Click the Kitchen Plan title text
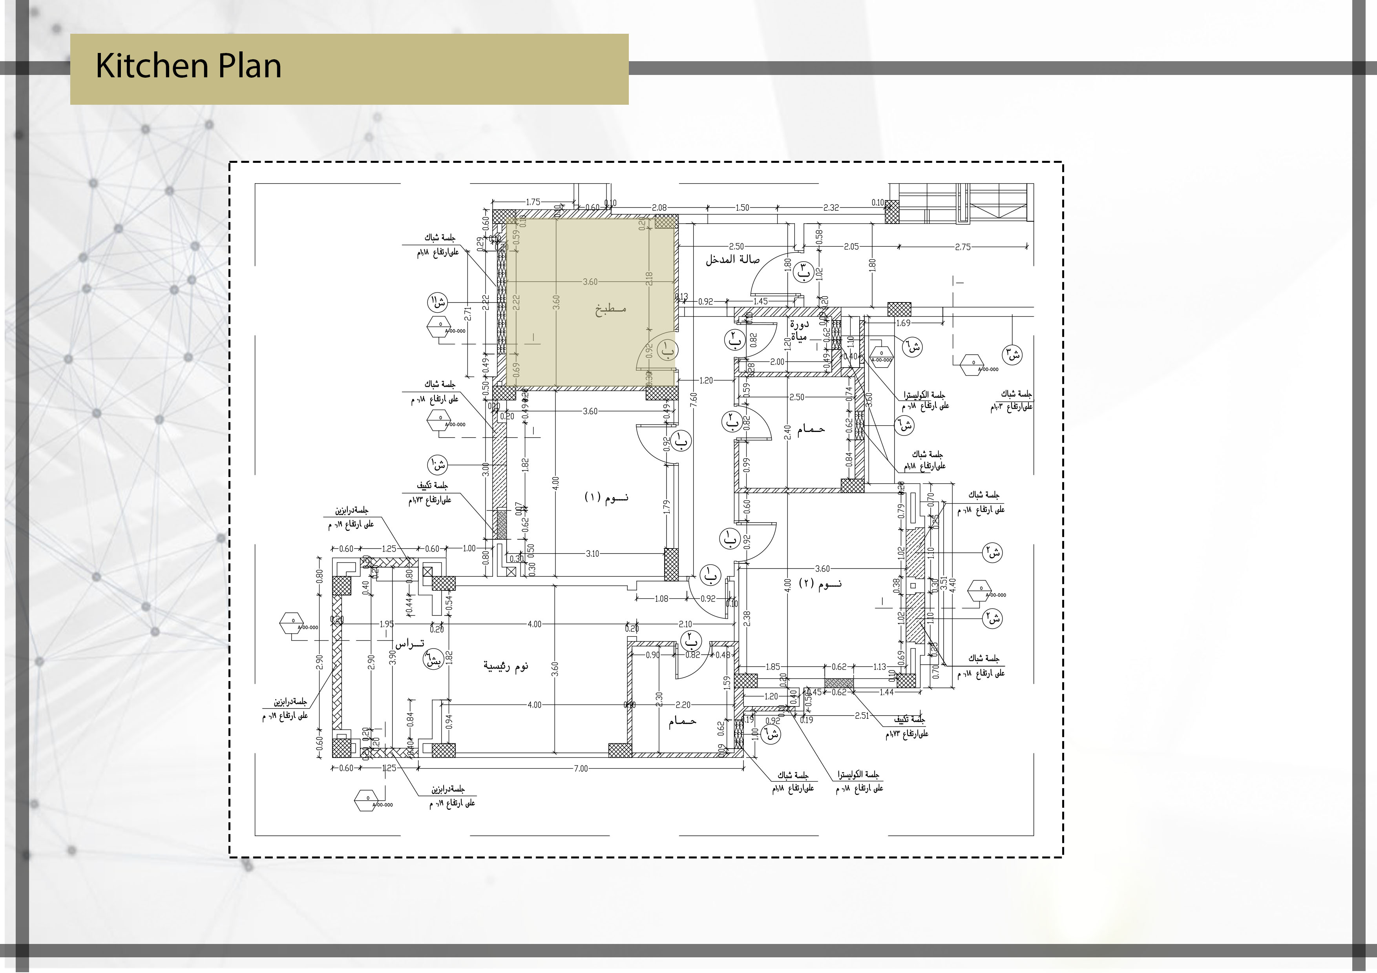point(188,66)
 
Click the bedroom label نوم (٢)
point(820,583)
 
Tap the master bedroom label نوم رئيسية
point(506,666)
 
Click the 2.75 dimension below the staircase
point(962,246)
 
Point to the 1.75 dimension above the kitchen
point(533,202)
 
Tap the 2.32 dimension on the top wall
point(831,208)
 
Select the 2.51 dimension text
point(862,716)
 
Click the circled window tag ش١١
point(437,302)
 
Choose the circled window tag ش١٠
point(438,465)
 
